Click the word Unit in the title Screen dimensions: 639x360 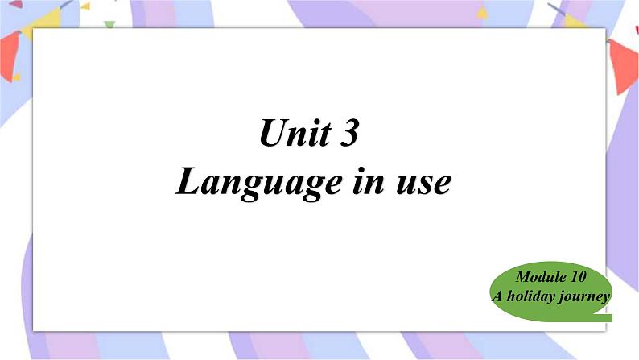[295, 132]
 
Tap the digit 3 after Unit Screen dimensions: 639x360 [348, 133]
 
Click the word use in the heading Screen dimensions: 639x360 [424, 183]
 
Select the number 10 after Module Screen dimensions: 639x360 [579, 277]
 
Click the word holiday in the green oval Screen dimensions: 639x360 [530, 296]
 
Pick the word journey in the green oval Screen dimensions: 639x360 [584, 297]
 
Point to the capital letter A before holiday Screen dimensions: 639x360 [497, 296]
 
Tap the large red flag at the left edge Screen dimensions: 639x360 [10, 54]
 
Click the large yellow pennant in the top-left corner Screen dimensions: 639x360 [43, 23]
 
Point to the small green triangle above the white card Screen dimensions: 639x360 [109, 24]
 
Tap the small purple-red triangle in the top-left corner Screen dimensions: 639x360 [16, 5]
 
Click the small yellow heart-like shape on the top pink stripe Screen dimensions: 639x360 [483, 13]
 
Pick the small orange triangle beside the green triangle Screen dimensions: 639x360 [85, 6]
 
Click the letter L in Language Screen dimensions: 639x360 [188, 180]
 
